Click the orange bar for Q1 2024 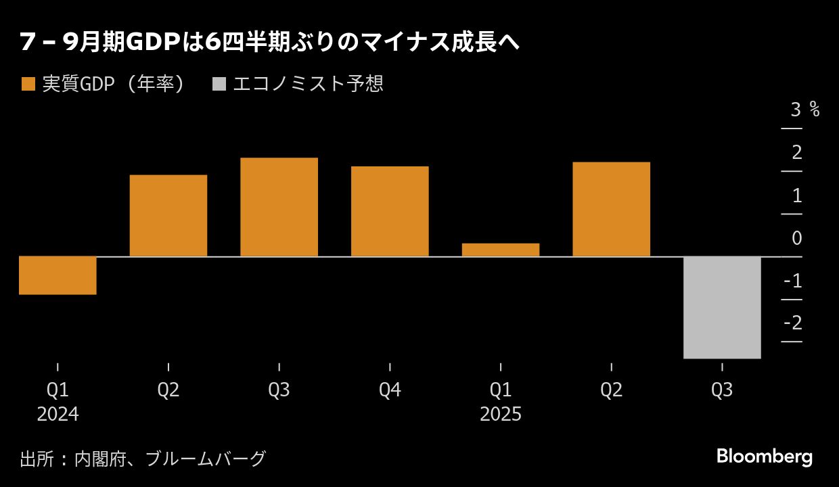click(58, 275)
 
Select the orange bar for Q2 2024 click(168, 216)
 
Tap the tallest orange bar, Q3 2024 click(279, 207)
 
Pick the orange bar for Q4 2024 click(390, 211)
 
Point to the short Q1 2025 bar click(501, 250)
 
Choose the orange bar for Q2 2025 click(611, 209)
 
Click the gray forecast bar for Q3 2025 click(722, 308)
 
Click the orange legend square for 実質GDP click(28, 84)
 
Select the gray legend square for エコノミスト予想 click(219, 84)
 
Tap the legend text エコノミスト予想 click(308, 84)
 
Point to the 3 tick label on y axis click(796, 110)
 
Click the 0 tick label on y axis click(796, 238)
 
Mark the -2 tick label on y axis click(792, 323)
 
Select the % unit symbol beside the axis click(815, 110)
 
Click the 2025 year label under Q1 click(501, 414)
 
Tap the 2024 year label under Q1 click(58, 414)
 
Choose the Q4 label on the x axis click(390, 390)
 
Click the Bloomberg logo click(765, 457)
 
